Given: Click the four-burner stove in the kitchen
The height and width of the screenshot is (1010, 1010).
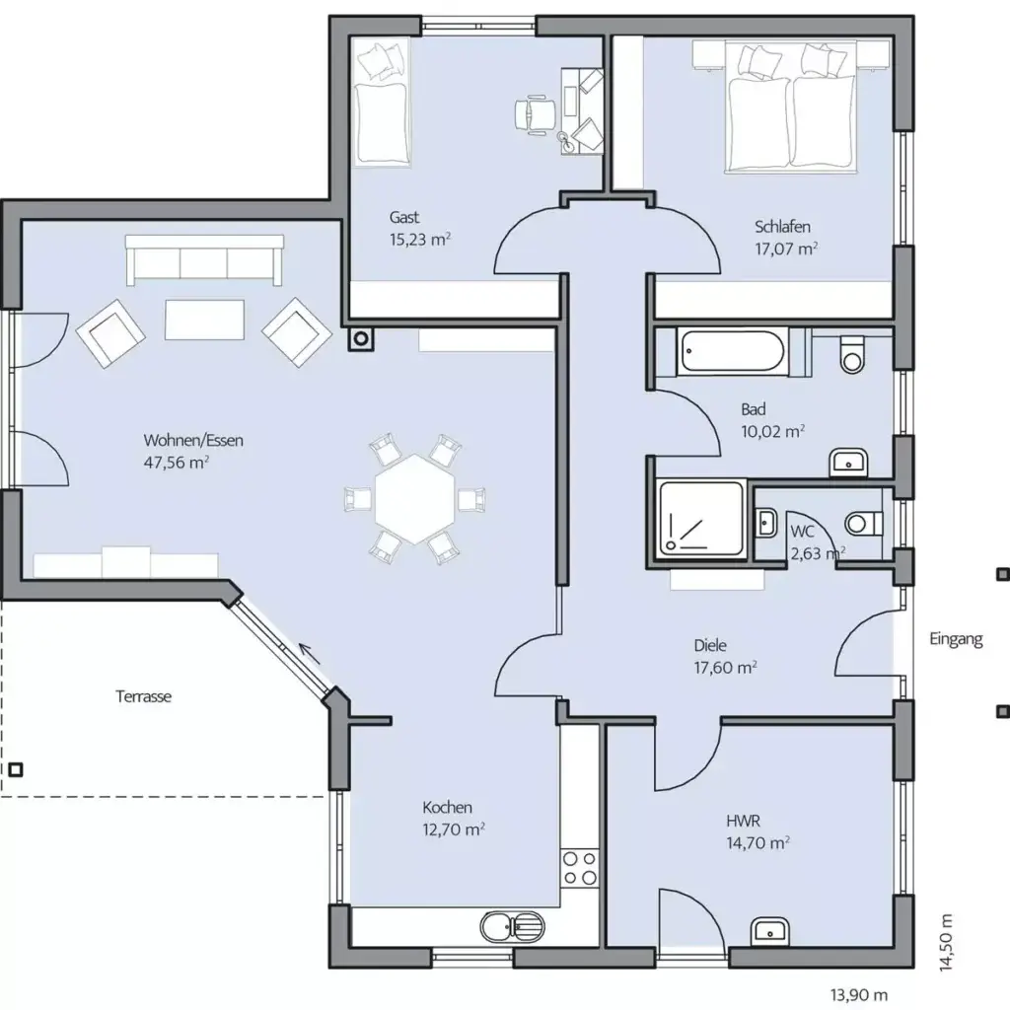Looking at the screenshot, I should point(580,869).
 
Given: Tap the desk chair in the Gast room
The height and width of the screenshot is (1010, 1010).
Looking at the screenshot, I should point(534,111).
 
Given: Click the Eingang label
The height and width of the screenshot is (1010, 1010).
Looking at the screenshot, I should point(956,639).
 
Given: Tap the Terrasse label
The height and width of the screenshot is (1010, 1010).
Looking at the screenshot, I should point(144,696).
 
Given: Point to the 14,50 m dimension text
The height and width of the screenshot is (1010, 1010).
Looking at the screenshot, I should point(946,944).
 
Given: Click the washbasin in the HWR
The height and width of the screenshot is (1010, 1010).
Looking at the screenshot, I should point(768,930).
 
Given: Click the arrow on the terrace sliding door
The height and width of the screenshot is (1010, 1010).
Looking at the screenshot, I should point(310,653).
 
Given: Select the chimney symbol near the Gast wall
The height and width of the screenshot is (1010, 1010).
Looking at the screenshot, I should point(362,338).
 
